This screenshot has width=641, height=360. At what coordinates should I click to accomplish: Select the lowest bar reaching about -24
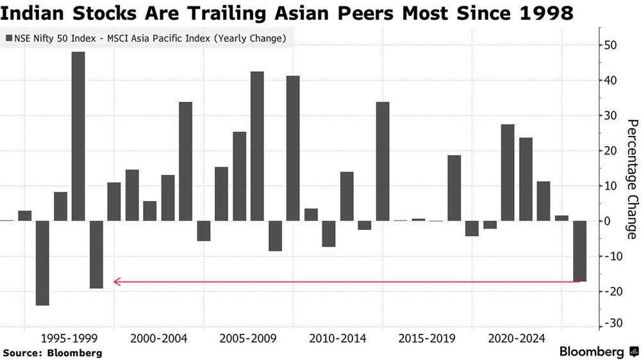pyautogui.click(x=42, y=263)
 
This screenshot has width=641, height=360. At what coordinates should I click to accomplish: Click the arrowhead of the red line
pyautogui.click(x=115, y=281)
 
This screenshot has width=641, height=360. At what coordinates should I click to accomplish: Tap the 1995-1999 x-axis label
pyautogui.click(x=69, y=338)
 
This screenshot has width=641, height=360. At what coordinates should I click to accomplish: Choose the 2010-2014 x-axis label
pyautogui.click(x=338, y=338)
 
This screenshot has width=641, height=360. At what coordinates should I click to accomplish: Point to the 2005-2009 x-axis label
pyautogui.click(x=248, y=338)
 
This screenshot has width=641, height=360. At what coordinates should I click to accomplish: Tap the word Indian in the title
pyautogui.click(x=31, y=13)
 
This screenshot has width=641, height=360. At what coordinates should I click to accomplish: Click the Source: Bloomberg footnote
pyautogui.click(x=53, y=352)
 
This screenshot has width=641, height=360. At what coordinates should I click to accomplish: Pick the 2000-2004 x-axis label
pyautogui.click(x=158, y=338)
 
